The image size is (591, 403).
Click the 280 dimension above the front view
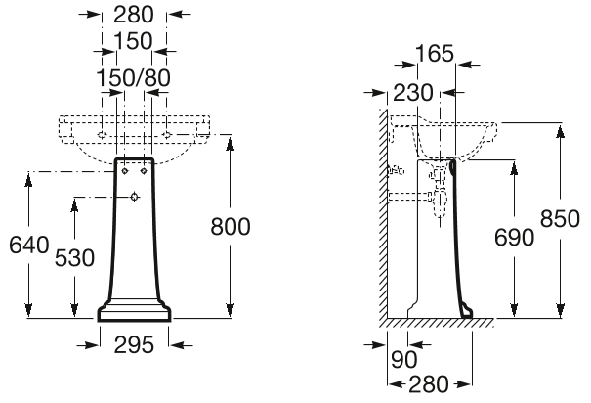pyautogui.click(x=135, y=15)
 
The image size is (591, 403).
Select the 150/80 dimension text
pyautogui.click(x=134, y=76)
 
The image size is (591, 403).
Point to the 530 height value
pyautogui.click(x=74, y=257)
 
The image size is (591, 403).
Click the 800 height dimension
pyautogui.click(x=231, y=226)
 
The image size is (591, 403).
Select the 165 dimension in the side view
pyautogui.click(x=434, y=54)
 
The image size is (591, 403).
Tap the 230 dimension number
pyautogui.click(x=413, y=92)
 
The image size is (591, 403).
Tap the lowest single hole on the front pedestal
pyautogui.click(x=134, y=199)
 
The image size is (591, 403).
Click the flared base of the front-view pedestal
pyautogui.click(x=135, y=312)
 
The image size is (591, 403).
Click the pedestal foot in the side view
pyautogui.click(x=467, y=311)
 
